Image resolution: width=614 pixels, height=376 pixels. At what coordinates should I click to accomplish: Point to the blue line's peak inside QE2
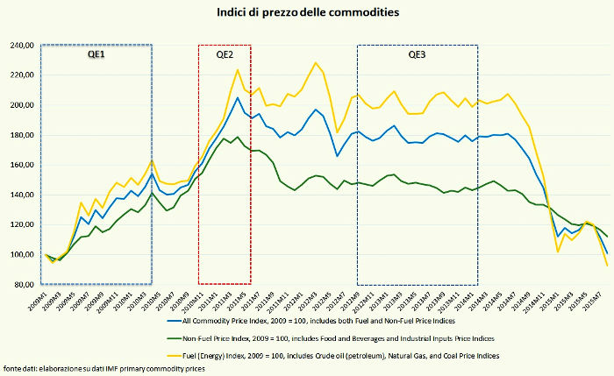238,97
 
